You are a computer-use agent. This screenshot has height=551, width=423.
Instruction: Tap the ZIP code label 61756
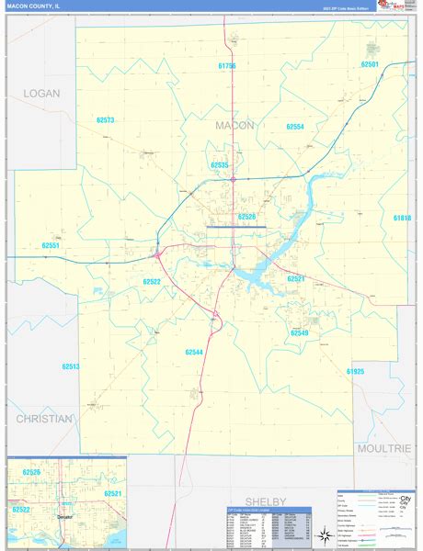click(x=228, y=66)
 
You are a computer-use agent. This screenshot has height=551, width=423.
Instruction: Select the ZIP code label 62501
click(x=370, y=64)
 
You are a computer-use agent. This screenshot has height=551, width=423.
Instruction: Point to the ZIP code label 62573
click(x=105, y=120)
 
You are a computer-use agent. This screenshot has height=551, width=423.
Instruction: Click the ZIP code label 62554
click(x=295, y=127)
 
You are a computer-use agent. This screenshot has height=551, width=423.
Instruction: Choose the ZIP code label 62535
click(x=219, y=165)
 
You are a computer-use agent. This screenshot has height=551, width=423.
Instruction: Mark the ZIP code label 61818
click(x=402, y=218)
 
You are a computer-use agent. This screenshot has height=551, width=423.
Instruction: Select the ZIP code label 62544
click(x=193, y=352)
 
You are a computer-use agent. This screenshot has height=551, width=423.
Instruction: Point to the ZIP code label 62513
click(x=72, y=366)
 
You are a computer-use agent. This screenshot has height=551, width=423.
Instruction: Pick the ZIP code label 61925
click(x=356, y=371)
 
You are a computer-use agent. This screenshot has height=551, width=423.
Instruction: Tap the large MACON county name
click(x=235, y=125)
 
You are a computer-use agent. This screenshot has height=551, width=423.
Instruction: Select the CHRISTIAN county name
click(x=43, y=419)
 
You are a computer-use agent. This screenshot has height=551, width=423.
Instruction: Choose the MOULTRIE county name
click(x=383, y=447)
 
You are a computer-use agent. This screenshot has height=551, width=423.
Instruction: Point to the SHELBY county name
click(x=266, y=500)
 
